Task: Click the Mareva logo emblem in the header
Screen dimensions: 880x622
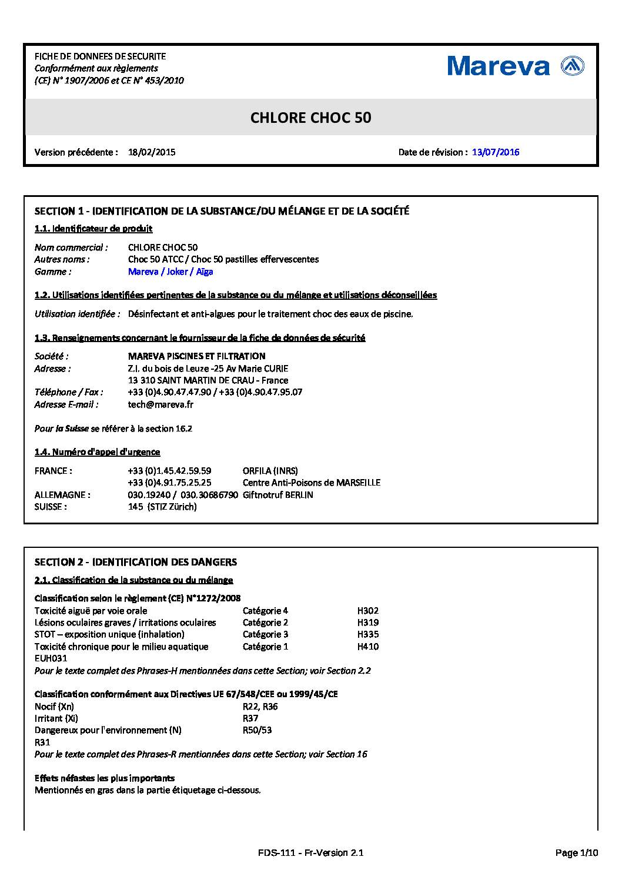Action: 573,66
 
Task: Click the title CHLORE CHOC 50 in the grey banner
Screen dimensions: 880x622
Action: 310,118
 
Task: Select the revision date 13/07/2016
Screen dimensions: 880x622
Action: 496,152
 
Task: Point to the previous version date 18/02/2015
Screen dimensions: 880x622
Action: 152,152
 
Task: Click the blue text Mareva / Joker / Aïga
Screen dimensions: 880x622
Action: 170,272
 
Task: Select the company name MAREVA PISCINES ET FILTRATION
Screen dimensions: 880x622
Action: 196,356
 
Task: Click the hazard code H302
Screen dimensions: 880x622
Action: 368,611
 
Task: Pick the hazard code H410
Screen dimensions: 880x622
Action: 368,647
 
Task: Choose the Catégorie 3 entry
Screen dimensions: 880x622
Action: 265,634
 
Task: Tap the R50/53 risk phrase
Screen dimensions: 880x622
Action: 257,730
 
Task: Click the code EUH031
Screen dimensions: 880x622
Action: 51,658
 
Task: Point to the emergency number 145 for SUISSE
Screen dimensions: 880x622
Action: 135,507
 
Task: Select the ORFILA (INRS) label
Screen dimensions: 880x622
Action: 270,471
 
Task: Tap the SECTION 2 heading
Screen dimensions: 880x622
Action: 136,562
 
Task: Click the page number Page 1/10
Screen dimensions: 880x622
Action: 577,853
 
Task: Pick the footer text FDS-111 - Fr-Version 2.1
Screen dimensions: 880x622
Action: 310,853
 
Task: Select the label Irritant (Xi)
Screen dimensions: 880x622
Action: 56,718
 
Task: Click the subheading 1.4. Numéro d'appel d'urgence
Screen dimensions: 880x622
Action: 98,452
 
